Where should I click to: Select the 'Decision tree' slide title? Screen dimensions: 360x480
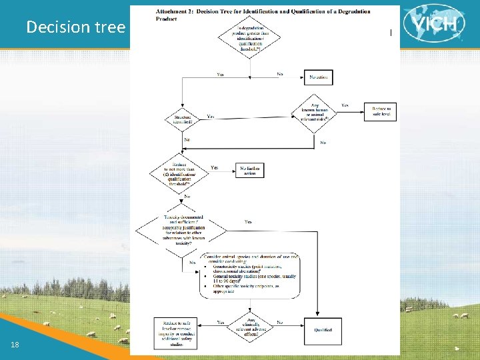point(75,27)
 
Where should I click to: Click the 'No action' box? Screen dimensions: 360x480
point(318,77)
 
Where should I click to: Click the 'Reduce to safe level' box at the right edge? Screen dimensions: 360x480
point(380,112)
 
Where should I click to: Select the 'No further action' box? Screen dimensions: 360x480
point(250,170)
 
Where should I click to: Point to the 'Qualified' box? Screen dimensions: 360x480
point(323,329)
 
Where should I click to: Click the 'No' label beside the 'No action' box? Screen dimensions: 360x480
point(280,74)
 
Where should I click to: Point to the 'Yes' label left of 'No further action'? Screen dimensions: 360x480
point(215,167)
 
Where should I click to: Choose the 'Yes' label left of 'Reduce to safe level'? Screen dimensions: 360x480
point(345,105)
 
